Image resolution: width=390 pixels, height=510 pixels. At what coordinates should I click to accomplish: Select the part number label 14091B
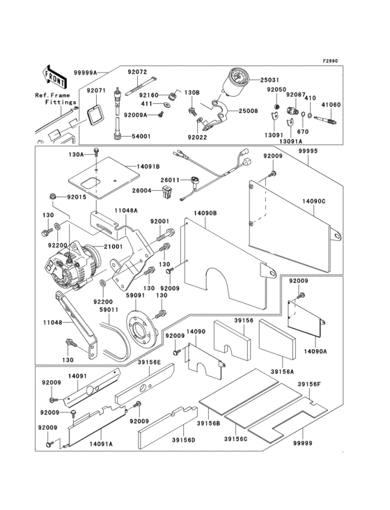point(148,167)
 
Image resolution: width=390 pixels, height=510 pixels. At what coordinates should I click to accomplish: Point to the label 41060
point(331,105)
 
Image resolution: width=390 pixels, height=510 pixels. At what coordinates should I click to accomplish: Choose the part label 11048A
point(126,210)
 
